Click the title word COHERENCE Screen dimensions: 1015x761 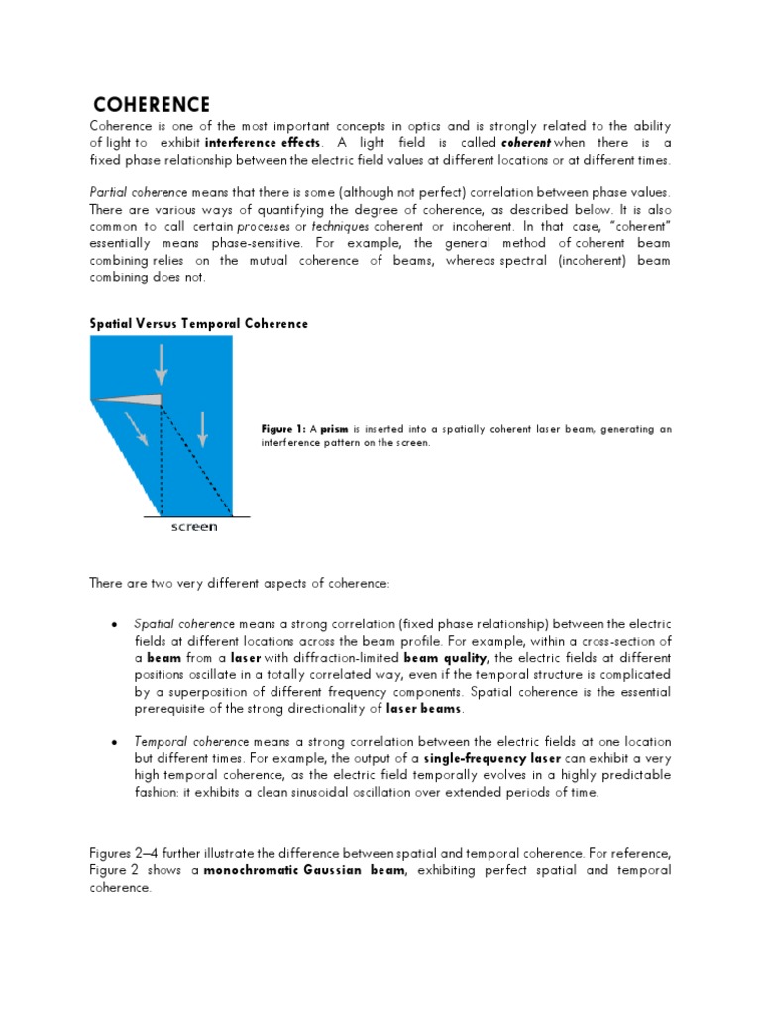tap(151, 105)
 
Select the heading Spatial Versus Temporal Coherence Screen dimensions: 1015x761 tap(198, 323)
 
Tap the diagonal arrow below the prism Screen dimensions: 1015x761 tap(135, 428)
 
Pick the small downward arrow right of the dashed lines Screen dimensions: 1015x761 tap(202, 426)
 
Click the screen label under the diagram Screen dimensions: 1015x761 tap(194, 527)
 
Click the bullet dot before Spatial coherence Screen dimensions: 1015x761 tap(117, 624)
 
